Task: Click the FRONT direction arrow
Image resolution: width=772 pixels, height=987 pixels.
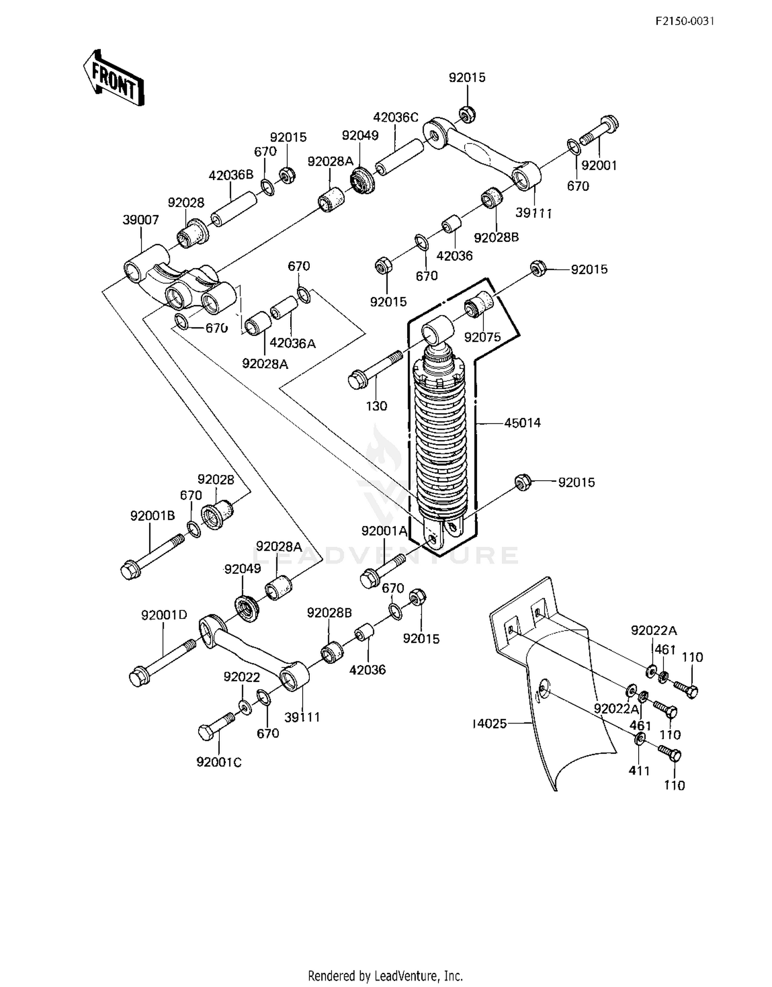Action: coord(114,78)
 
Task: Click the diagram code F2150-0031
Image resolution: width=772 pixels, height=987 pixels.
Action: coord(685,21)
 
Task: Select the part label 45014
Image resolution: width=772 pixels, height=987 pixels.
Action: coord(522,423)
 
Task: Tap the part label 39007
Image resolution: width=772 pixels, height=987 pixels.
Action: coord(141,220)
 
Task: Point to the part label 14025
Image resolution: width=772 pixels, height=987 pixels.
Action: coord(489,724)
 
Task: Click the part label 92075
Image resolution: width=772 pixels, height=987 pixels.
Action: coord(482,337)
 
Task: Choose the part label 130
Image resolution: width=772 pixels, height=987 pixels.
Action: coord(376,406)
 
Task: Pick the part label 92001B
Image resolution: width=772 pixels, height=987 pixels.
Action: coord(152,516)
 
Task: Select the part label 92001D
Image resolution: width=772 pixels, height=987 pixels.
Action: coord(164,614)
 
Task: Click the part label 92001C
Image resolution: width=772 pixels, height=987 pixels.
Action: coord(219,762)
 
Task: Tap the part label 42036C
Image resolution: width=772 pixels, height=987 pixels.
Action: coord(395,117)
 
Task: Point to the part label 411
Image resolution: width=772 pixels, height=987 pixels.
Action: coord(639,770)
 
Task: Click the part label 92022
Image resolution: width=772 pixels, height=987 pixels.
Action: coord(242,677)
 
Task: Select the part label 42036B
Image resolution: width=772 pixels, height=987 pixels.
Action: coord(231,175)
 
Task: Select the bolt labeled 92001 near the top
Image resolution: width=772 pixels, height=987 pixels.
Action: coord(599,131)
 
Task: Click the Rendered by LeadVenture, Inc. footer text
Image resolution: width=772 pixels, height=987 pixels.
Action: coord(385,975)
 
